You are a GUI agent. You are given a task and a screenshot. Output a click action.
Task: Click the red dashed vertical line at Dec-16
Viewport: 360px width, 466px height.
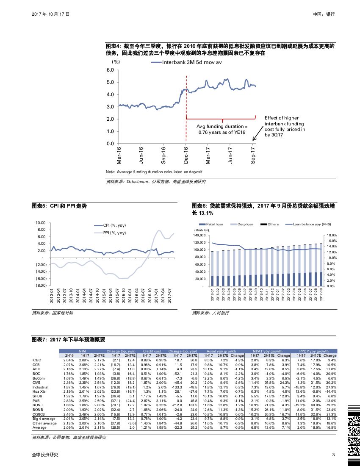coord(186,106)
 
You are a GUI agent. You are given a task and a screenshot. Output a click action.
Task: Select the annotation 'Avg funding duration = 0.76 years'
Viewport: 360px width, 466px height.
coord(222,129)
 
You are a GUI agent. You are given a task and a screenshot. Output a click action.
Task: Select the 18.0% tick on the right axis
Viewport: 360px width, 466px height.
coord(332,235)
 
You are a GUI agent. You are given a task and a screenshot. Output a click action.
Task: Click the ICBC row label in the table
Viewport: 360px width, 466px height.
coord(37,360)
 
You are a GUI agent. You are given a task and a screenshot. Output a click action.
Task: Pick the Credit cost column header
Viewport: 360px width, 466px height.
coord(152,351)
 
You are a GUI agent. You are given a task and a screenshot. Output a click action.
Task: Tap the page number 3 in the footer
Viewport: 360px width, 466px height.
coord(334,455)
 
